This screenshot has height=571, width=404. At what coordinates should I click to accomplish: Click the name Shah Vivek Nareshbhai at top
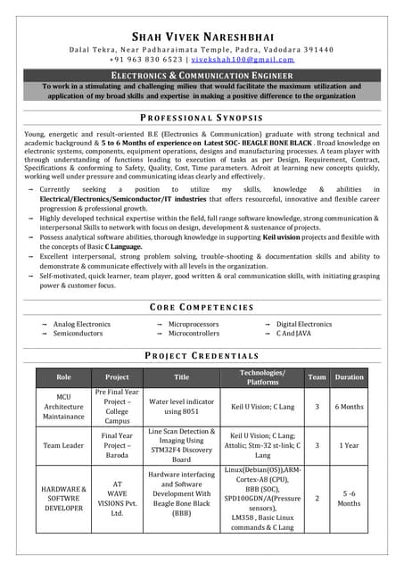click(x=202, y=37)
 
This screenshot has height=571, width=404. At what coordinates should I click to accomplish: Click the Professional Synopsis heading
click(x=202, y=118)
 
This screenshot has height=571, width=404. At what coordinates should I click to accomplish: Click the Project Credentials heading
click(x=202, y=354)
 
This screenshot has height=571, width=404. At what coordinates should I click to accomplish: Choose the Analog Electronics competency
click(x=82, y=325)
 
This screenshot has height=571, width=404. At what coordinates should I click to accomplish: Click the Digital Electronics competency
click(x=303, y=325)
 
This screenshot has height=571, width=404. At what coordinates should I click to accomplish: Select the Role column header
click(x=63, y=377)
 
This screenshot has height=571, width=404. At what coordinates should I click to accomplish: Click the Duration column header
click(x=349, y=377)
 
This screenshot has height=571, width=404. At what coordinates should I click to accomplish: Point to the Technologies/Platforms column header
click(x=262, y=377)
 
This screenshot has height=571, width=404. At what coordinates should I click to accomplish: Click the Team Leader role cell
click(x=63, y=445)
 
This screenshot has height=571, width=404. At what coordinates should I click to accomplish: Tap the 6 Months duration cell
click(x=349, y=406)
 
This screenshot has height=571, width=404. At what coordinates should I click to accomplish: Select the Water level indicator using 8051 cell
click(x=182, y=406)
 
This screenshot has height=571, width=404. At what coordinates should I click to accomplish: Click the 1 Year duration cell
click(x=349, y=445)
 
